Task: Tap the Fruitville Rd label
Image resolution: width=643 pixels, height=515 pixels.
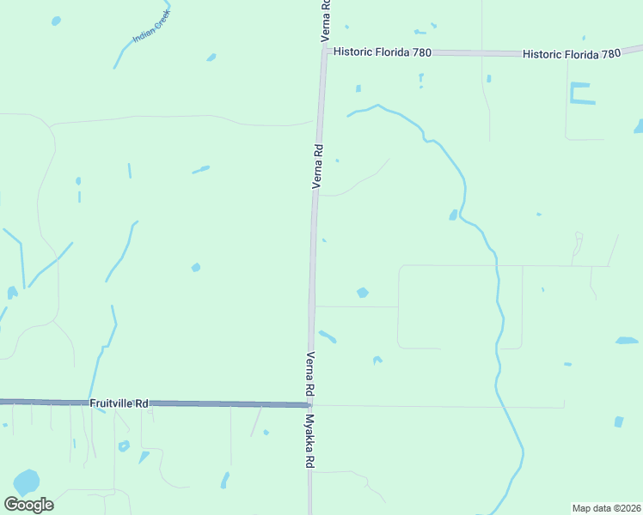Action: coord(119,402)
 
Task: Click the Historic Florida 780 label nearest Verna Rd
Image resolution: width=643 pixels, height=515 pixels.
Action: coord(382,52)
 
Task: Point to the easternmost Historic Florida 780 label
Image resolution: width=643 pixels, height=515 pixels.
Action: coord(572,54)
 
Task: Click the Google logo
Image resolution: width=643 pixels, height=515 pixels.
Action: coord(28,505)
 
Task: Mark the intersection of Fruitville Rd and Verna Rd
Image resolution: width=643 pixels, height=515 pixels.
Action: coord(309,404)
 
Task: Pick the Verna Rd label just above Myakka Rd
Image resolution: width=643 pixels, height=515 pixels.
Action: coord(310,375)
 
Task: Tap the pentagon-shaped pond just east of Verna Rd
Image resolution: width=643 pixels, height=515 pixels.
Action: coord(363,293)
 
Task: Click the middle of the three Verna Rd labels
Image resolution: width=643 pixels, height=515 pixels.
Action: coord(317,166)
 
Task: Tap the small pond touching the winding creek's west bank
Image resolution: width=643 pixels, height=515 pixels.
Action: coord(453,215)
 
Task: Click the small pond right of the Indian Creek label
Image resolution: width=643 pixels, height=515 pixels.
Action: coord(211,58)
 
